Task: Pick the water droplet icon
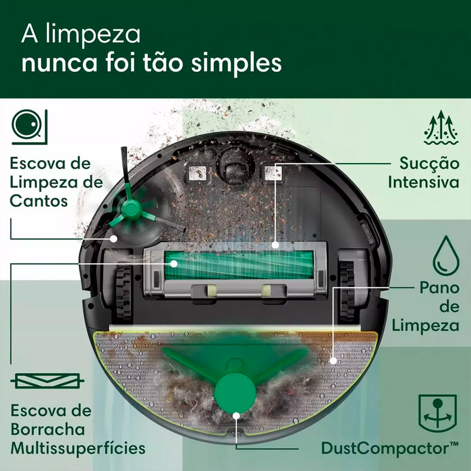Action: pyautogui.click(x=445, y=254)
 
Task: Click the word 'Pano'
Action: pyautogui.click(x=439, y=288)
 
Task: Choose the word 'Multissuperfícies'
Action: pyautogui.click(x=78, y=448)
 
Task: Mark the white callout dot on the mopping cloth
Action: pyautogui.click(x=334, y=360)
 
